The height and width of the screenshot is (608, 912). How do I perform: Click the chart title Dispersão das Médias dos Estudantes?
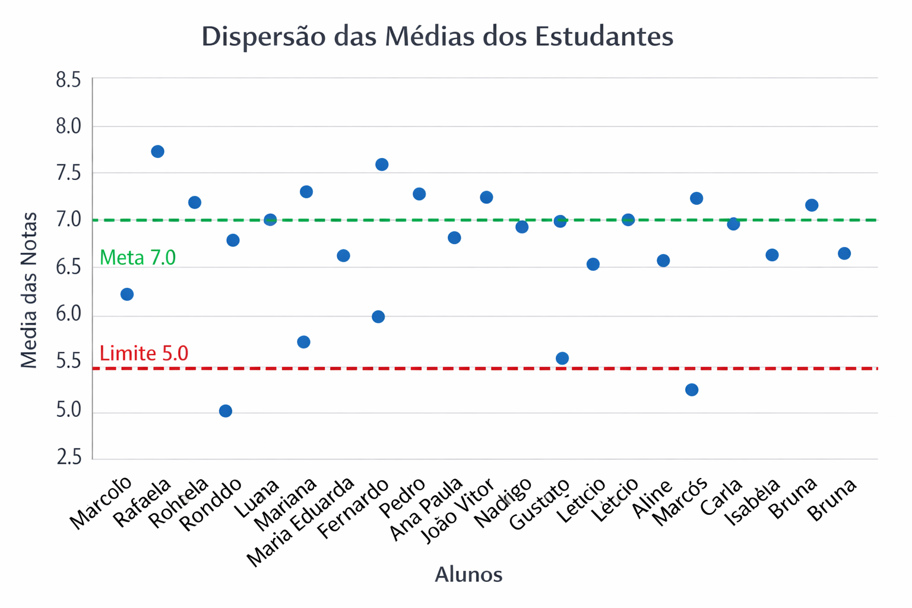(438, 36)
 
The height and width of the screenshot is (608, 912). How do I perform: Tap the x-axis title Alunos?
(468, 575)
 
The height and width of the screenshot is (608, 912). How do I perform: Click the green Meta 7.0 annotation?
(138, 258)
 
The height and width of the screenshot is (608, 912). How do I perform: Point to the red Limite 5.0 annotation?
(144, 354)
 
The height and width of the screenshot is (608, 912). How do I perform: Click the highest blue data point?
(157, 151)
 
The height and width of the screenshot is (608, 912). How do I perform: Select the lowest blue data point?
(225, 411)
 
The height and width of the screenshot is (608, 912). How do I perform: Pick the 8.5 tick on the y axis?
(68, 80)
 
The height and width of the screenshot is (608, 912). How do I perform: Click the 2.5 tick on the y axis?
(68, 457)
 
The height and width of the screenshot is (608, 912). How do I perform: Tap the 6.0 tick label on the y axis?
(68, 314)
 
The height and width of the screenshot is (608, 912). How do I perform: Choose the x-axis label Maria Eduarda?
(301, 522)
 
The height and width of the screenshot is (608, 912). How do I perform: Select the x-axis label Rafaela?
(142, 502)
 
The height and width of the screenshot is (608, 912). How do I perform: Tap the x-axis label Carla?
(721, 497)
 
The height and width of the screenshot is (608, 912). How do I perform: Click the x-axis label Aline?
(652, 499)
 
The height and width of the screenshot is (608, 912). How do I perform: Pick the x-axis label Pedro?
(403, 498)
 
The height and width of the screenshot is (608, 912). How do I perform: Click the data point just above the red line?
(562, 358)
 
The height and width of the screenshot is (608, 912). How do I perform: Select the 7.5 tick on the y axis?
(68, 173)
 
